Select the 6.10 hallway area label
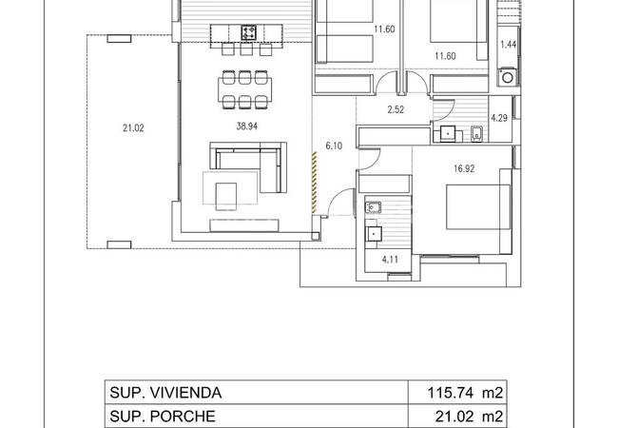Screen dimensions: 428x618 [333, 146]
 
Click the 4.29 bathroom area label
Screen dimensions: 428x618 [499, 119]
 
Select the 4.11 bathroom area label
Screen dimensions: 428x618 [391, 257]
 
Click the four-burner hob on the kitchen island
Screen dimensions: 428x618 [248, 33]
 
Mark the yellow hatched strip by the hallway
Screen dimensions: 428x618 [314, 181]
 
